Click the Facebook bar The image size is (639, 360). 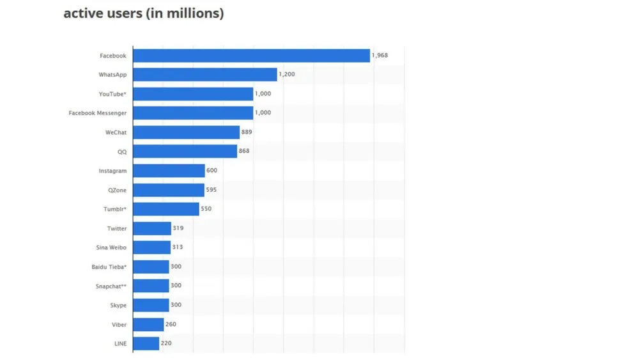pos(251,56)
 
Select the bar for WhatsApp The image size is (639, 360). pos(204,75)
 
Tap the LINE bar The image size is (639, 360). pos(146,343)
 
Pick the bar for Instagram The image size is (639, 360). pos(169,171)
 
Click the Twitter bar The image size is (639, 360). pos(152,228)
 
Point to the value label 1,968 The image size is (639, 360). pos(380,56)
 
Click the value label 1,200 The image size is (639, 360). pos(287,75)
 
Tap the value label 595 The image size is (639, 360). pos(212,190)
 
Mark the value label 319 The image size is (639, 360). pos(178,228)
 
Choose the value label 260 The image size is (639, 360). pos(171,324)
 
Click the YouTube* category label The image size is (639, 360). pos(112,94)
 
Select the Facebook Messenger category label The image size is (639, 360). pos(98,113)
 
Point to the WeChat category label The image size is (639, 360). pos(116,132)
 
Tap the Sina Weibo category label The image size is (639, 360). pos(111,247)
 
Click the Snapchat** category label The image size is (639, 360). pos(111,286)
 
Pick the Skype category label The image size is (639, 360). pos(118,305)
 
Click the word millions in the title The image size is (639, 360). pos(190,13)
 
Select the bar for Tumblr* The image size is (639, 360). pos(166,209)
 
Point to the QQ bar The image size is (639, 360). pos(185,152)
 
